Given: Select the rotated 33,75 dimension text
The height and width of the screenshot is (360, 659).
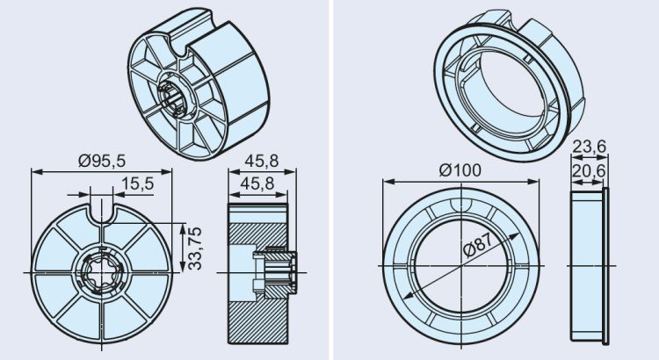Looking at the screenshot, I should (x=195, y=248).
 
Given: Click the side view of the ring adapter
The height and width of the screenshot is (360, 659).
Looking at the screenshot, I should (x=588, y=264).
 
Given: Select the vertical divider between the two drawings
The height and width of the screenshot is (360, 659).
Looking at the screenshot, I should (x=329, y=180).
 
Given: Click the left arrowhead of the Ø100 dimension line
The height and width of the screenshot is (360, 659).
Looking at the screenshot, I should (x=387, y=183).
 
